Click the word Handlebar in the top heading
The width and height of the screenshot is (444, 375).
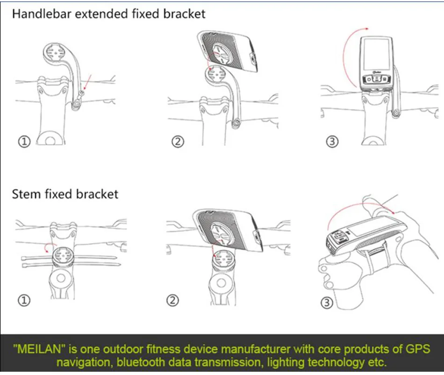tap(41, 14)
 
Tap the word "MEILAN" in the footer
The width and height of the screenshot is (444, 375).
tap(39, 349)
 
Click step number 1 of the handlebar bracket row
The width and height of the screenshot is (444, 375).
tap(24, 141)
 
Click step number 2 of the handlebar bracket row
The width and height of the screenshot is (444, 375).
tap(178, 141)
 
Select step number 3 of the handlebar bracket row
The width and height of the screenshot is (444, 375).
tap(332, 141)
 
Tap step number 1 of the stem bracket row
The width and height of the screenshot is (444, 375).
tap(24, 300)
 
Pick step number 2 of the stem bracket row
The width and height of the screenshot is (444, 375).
tap(173, 300)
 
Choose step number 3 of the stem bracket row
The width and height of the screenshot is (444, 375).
tap(327, 303)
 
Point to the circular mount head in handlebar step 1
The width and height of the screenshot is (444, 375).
tap(56, 53)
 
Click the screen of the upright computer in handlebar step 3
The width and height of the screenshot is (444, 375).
tap(376, 55)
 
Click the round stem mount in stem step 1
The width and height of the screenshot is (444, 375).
tap(62, 256)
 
